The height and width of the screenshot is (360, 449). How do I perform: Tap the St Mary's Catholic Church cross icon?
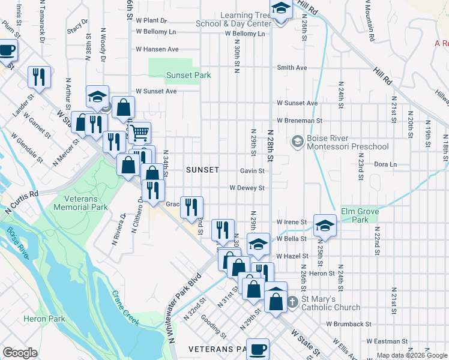[292, 302]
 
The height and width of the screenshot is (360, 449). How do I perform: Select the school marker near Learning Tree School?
[280, 9]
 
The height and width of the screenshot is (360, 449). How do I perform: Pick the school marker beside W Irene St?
[324, 224]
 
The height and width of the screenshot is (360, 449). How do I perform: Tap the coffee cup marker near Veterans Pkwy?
[258, 348]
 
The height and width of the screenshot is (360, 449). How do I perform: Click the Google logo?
[20, 353]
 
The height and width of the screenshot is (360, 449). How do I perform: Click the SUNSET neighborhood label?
[202, 170]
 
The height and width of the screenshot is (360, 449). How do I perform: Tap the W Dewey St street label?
[247, 188]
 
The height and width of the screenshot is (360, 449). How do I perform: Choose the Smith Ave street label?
[292, 68]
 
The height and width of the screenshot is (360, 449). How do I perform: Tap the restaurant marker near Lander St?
[39, 76]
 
